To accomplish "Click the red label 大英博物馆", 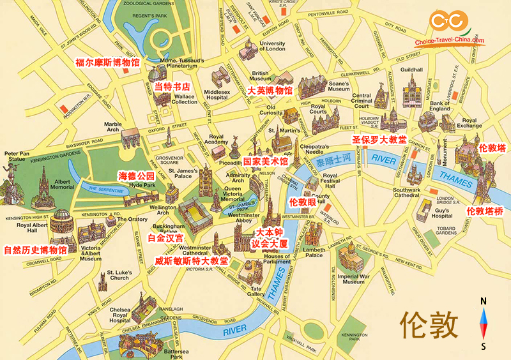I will pos(270,91).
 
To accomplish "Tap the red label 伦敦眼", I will pos(302,202).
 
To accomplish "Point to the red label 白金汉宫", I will pos(165,237).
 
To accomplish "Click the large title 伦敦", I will pos(429,325).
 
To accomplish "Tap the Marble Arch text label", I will pos(113,127).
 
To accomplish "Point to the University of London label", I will pos(271,47).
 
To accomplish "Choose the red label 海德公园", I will pos(137,175).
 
